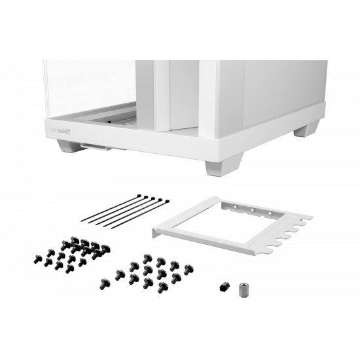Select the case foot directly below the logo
tap(68, 147)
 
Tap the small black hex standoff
tap(223, 286)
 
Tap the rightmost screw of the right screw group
tap(188, 268)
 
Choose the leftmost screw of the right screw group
tap(104, 283)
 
